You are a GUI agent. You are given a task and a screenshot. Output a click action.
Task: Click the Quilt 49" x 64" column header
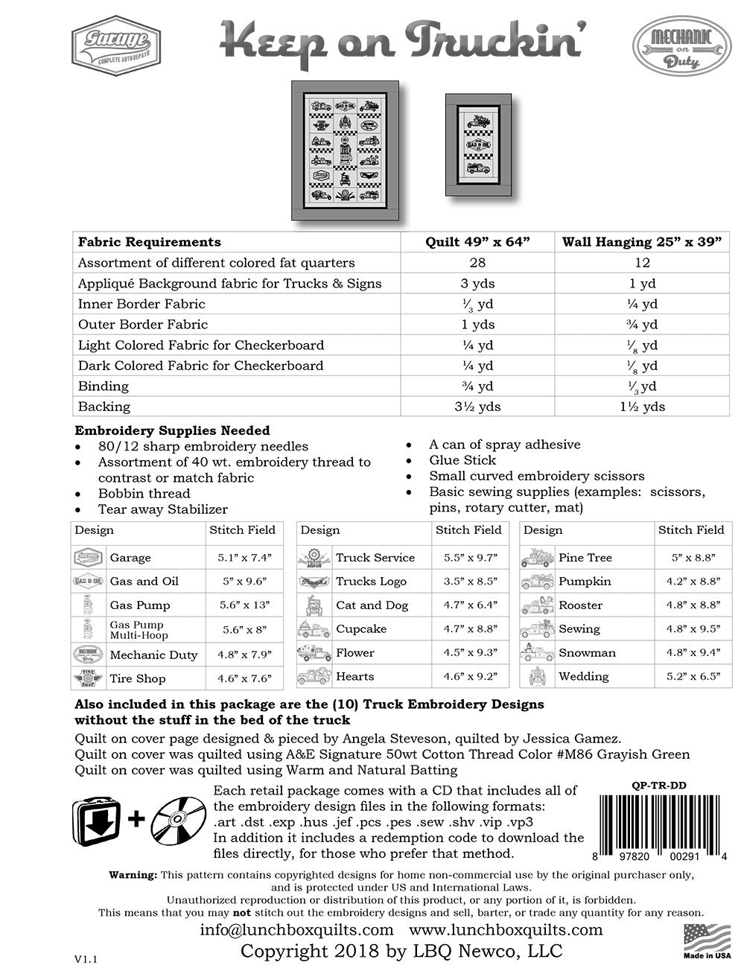pyautogui.click(x=478, y=242)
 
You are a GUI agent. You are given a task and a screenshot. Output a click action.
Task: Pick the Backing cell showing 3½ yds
pyautogui.click(x=478, y=407)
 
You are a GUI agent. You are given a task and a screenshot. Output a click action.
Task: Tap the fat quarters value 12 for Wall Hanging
pyautogui.click(x=643, y=263)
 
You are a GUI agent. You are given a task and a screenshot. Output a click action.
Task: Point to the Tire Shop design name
pyautogui.click(x=138, y=679)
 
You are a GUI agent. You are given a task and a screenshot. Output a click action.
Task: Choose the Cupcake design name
pyautogui.click(x=361, y=629)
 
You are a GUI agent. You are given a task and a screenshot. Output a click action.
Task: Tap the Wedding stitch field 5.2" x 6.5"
pyautogui.click(x=690, y=677)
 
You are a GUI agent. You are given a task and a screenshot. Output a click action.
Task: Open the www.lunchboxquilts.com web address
pyautogui.click(x=506, y=930)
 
